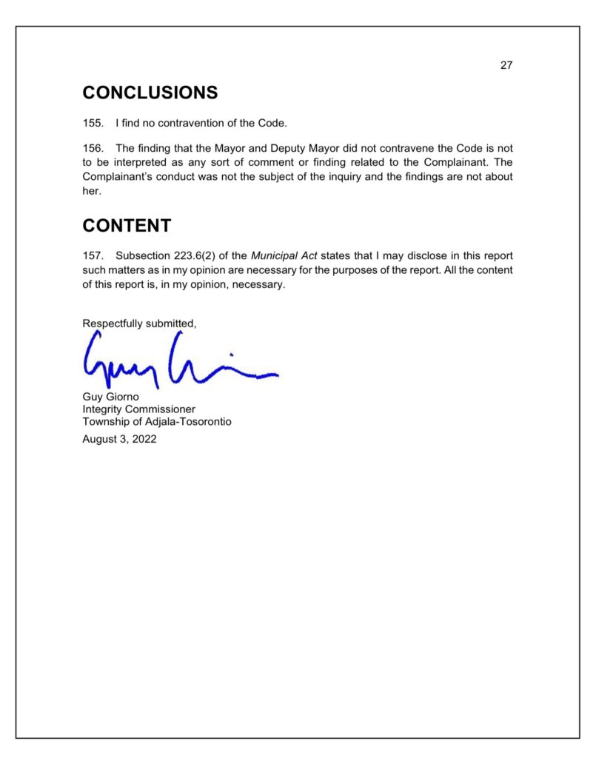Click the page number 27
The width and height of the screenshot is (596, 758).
pos(506,65)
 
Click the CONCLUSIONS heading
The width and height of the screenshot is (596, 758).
pos(150,93)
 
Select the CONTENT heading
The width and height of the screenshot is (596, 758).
pos(127,226)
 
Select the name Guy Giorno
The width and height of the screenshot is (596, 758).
pos(110,397)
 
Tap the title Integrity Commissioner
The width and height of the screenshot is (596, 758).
pos(138,409)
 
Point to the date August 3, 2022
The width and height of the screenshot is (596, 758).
pos(119,438)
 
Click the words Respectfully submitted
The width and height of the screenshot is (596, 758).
pos(139,323)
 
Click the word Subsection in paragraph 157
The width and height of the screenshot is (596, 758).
pos(141,256)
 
